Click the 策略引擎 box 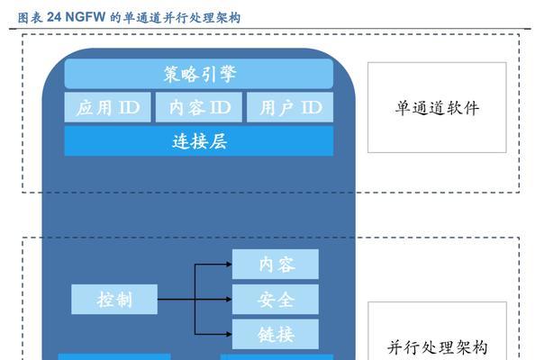tap(199, 75)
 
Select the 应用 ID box tap(108, 108)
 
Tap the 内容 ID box tap(199, 108)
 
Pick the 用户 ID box tap(290, 108)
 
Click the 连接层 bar tap(199, 141)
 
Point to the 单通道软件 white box tap(437, 108)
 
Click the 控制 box tap(114, 299)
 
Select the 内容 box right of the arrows tap(277, 265)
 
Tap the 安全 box tap(277, 299)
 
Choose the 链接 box tap(277, 333)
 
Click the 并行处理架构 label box tap(437, 346)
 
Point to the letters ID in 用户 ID tap(311, 108)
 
